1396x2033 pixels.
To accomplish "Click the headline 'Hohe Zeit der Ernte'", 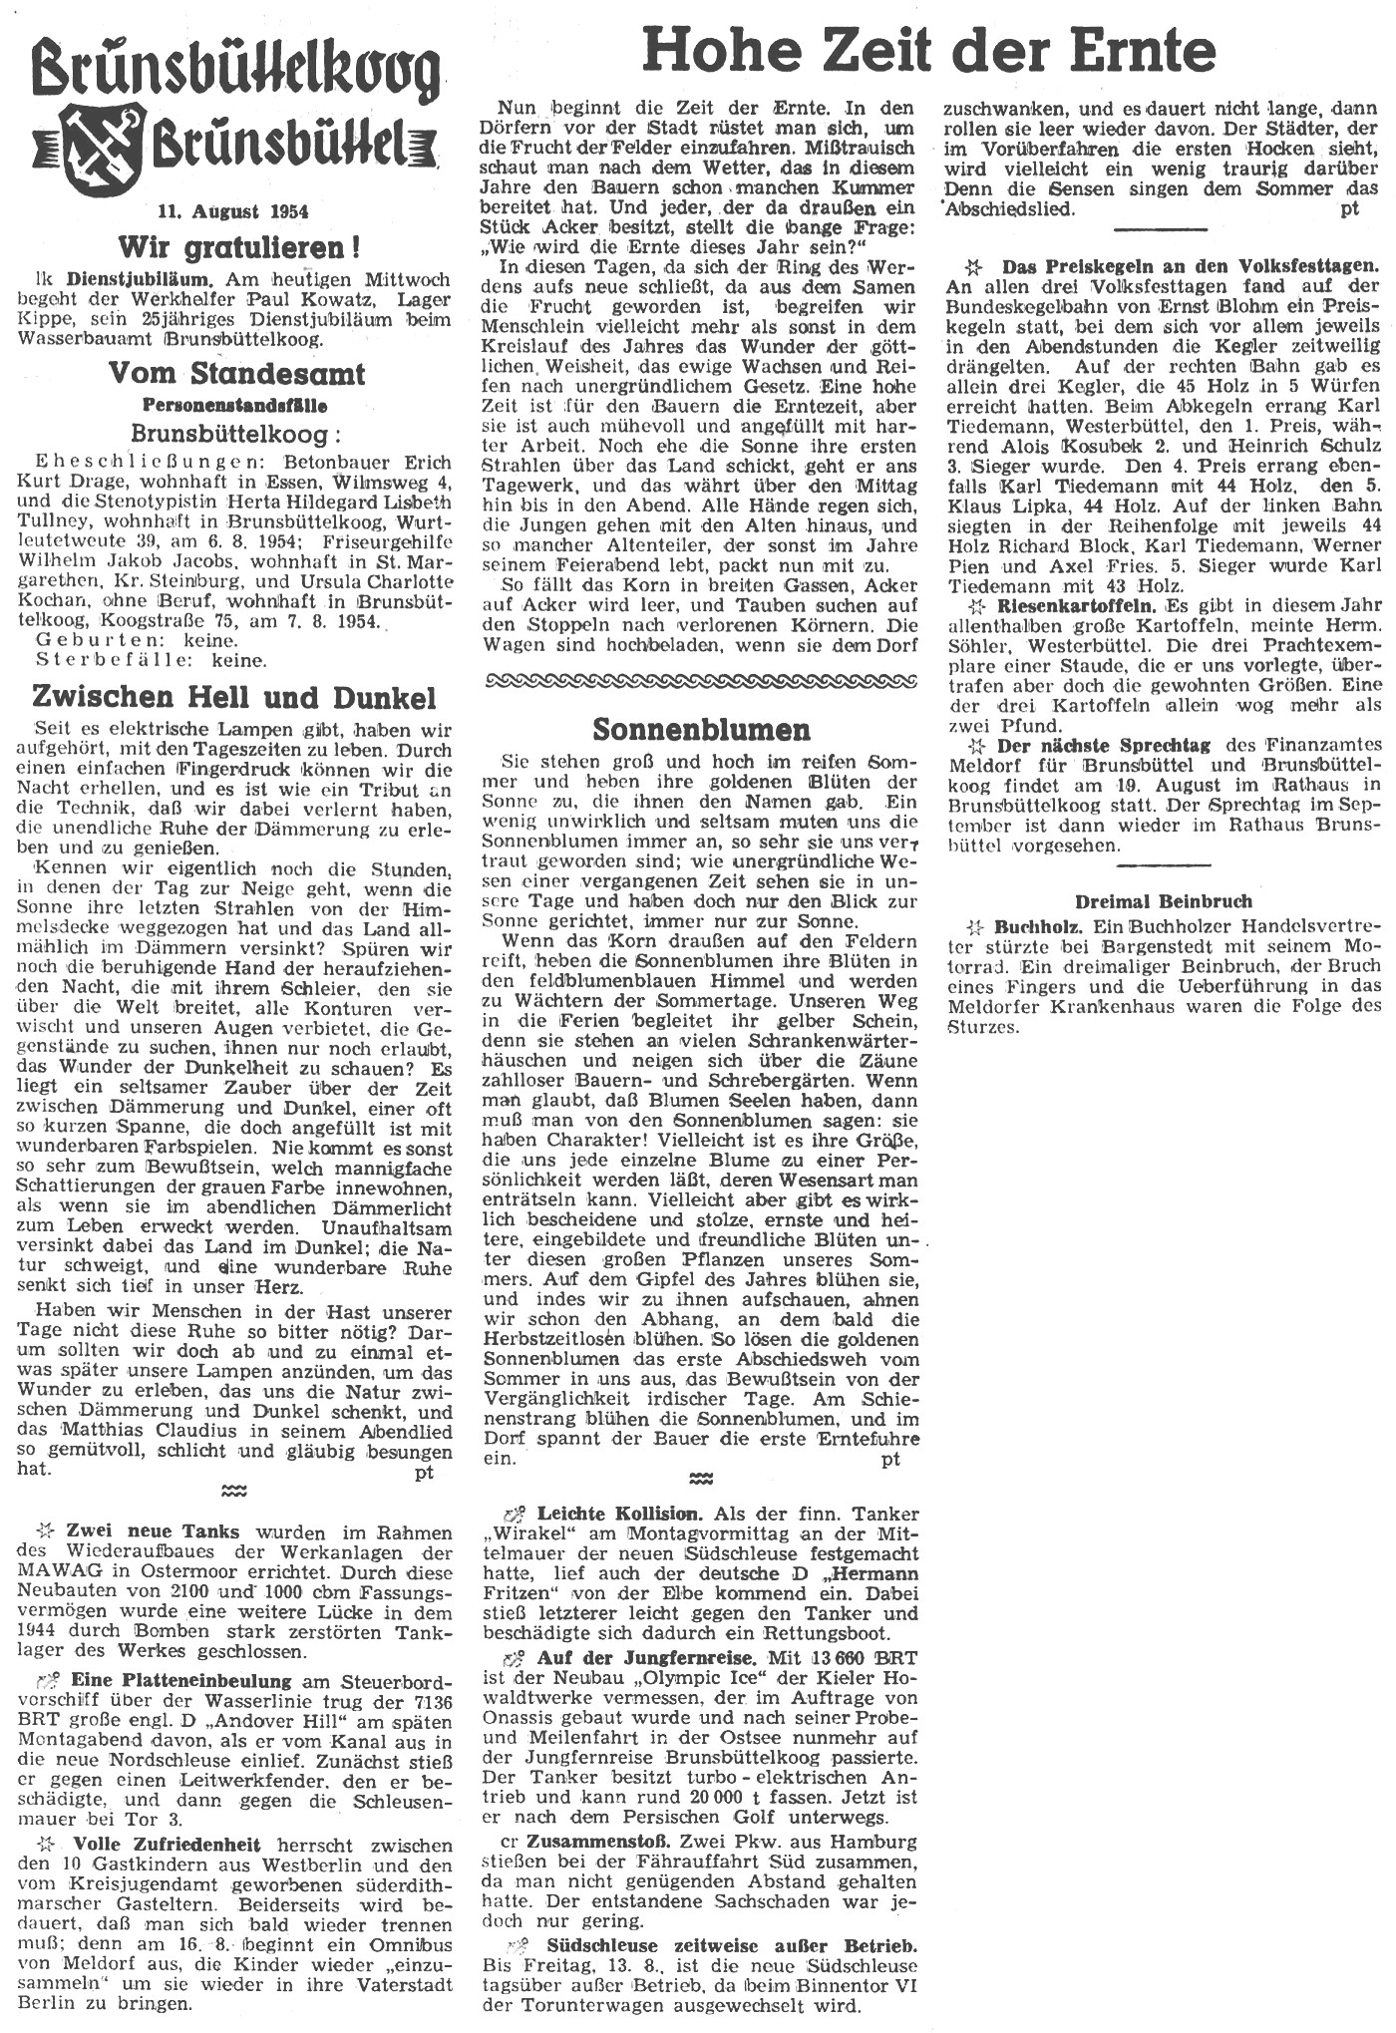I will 928,48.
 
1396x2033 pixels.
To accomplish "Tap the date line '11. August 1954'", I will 233,211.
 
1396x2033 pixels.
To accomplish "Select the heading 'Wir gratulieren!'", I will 238,245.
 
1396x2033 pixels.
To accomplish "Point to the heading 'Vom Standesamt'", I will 236,374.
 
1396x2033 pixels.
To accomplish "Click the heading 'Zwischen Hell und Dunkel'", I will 234,695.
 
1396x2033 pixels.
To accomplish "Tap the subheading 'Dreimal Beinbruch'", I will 1164,900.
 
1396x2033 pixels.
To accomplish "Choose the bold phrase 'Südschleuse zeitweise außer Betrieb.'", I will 732,1945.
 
